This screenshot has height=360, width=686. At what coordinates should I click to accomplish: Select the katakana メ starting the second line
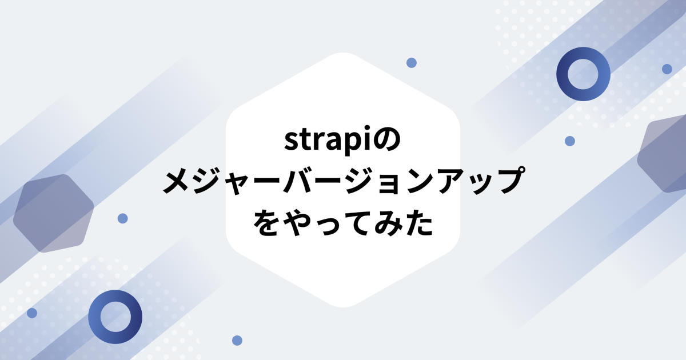click(x=177, y=181)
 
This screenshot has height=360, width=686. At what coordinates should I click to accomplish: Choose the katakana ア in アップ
click(x=452, y=181)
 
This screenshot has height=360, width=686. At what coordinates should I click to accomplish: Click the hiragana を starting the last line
click(x=266, y=222)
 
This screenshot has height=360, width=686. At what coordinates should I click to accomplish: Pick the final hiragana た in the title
click(x=419, y=222)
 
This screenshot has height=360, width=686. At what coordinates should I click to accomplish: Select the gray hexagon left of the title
click(x=53, y=213)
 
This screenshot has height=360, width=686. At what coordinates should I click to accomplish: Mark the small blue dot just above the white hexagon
click(x=411, y=63)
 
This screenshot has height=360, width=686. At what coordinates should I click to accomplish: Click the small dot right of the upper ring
click(x=667, y=69)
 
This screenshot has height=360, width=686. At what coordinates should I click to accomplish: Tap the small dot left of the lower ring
click(x=32, y=313)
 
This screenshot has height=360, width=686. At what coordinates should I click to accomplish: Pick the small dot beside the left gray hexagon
click(x=122, y=218)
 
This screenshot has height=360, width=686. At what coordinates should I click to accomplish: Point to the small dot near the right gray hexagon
click(x=569, y=141)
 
